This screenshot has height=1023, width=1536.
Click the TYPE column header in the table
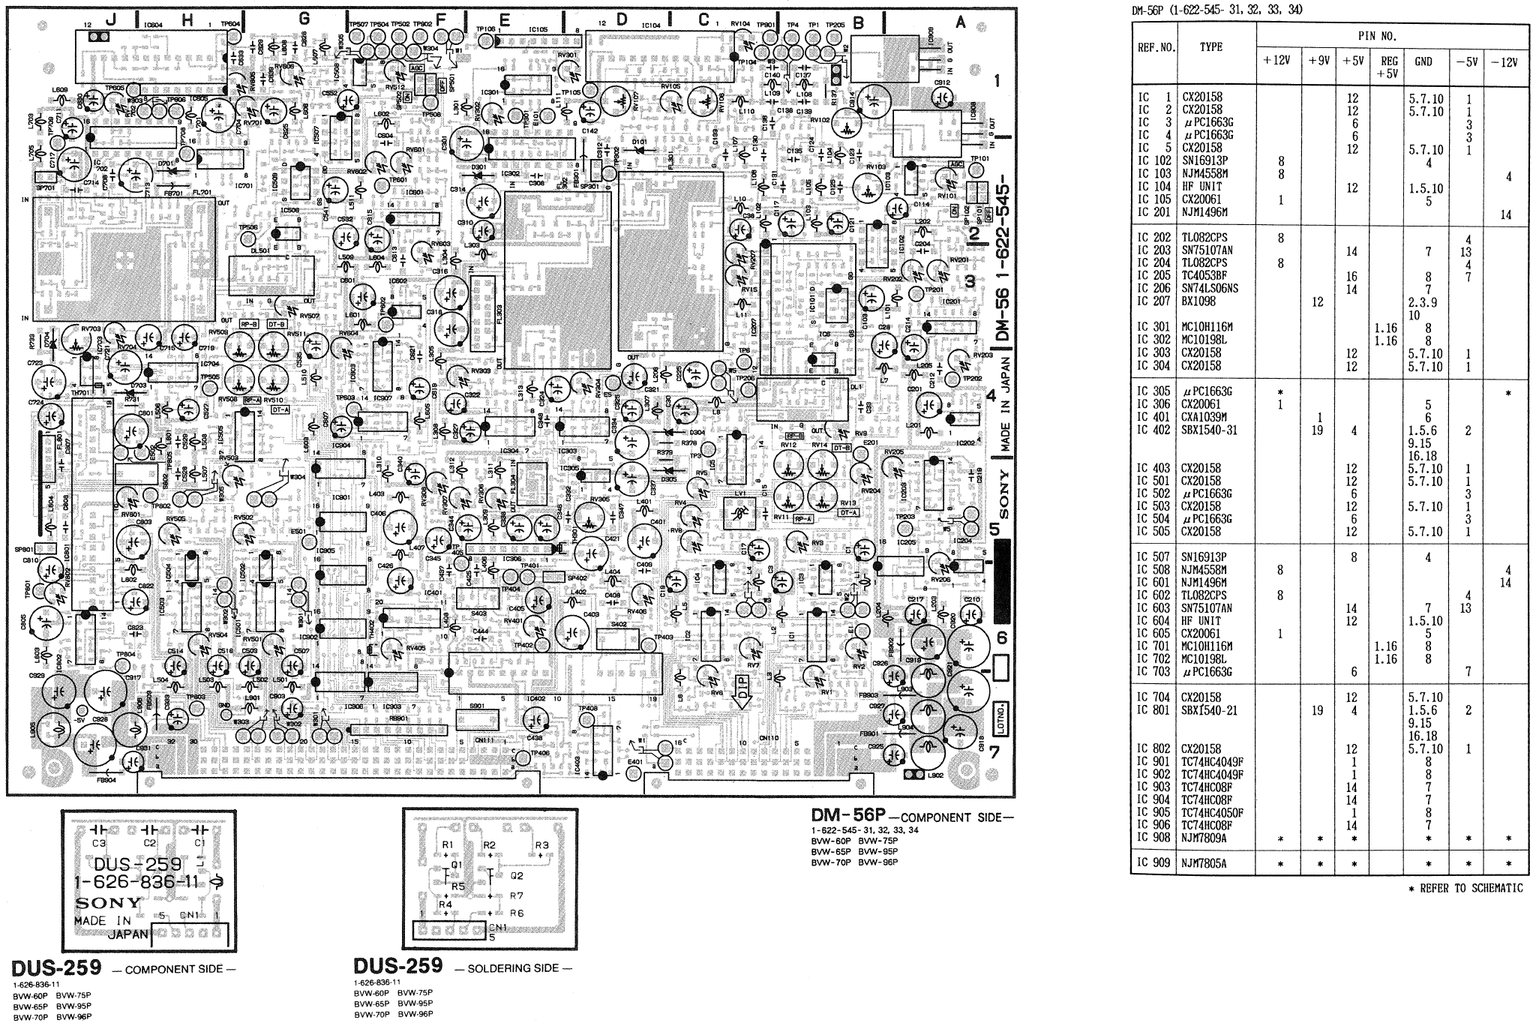tap(1210, 46)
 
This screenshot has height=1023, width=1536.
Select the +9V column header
tap(1317, 61)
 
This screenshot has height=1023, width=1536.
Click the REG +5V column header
tap(1389, 67)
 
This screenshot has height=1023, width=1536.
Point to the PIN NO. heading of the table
tap(1377, 35)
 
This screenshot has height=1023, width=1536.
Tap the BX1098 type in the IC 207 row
tap(1198, 301)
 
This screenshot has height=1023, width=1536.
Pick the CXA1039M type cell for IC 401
tap(1204, 417)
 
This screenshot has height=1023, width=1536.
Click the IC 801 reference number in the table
tap(1153, 710)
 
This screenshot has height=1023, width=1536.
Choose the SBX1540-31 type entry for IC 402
tap(1209, 430)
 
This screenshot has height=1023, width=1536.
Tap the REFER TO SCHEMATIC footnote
tap(1469, 888)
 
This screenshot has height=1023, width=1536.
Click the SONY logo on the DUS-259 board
tap(107, 901)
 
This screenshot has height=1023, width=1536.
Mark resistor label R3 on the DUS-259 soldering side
tap(542, 845)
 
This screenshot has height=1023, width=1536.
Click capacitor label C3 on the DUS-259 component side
tap(99, 843)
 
